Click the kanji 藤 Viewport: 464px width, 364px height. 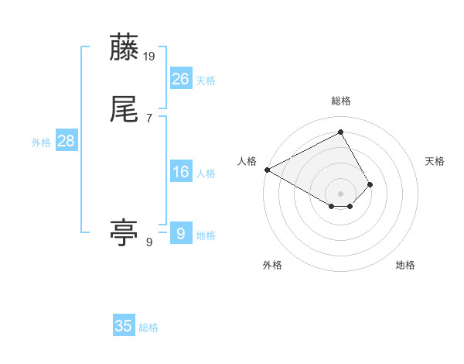[125, 48]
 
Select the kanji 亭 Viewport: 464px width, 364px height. [125, 233]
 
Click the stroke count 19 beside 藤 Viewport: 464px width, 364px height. [150, 56]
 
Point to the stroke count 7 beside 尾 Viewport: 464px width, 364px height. [149, 118]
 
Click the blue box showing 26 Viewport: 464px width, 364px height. [180, 78]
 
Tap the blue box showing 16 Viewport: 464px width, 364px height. [180, 172]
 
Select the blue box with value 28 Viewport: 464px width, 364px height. [66, 141]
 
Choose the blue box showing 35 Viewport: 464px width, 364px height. [124, 326]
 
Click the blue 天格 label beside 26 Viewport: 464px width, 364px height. [206, 81]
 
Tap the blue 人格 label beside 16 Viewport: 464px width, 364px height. [206, 173]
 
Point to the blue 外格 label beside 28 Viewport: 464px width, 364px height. [41, 143]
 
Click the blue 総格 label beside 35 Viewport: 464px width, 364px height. [148, 328]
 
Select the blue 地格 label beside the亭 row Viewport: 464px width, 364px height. [206, 235]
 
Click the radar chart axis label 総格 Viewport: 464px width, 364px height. [341, 101]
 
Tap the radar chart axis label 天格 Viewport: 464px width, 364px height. [435, 161]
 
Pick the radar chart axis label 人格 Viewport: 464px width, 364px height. [247, 161]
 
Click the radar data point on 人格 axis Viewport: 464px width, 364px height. [267, 169]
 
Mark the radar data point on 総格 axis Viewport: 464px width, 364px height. [341, 132]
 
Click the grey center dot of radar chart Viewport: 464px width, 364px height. [341, 193]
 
